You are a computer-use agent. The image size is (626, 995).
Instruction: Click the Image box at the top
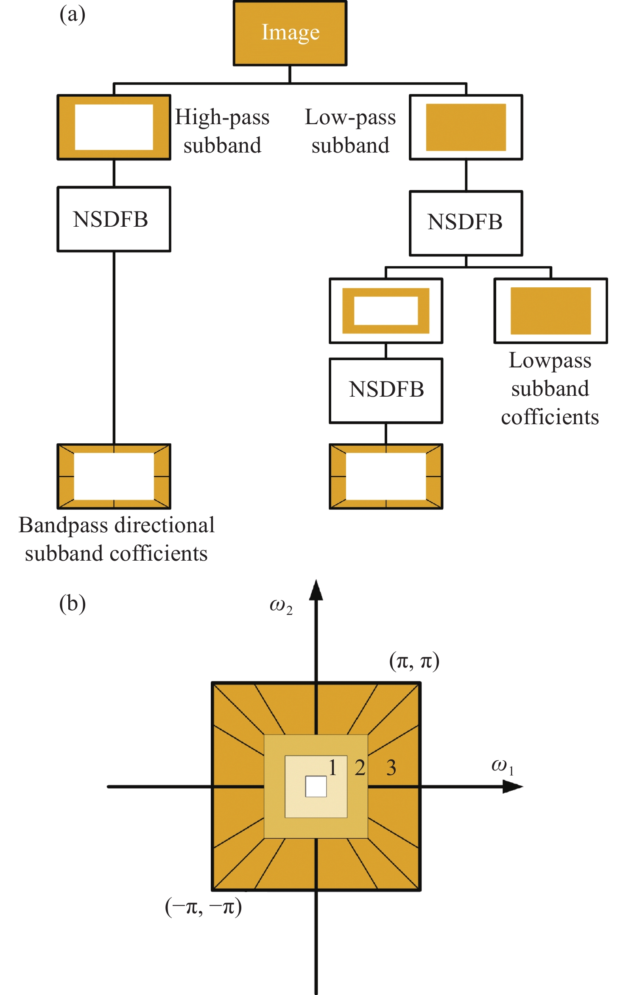point(290,33)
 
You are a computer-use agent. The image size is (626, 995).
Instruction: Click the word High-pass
point(222,117)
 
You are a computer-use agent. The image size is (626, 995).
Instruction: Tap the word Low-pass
point(350,117)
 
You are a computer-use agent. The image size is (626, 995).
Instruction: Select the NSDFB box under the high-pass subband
point(114,219)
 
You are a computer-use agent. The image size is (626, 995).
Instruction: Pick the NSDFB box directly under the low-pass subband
point(466,223)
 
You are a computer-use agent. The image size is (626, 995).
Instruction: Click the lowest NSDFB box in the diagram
point(386,390)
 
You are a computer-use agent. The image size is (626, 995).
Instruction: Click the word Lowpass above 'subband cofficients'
point(550,361)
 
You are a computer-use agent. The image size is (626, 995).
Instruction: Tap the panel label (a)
point(73,15)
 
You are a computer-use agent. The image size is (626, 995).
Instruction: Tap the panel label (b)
point(73,603)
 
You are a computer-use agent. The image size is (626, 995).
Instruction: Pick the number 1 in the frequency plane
point(333,767)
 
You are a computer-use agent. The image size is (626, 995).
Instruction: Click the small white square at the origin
point(316,787)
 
